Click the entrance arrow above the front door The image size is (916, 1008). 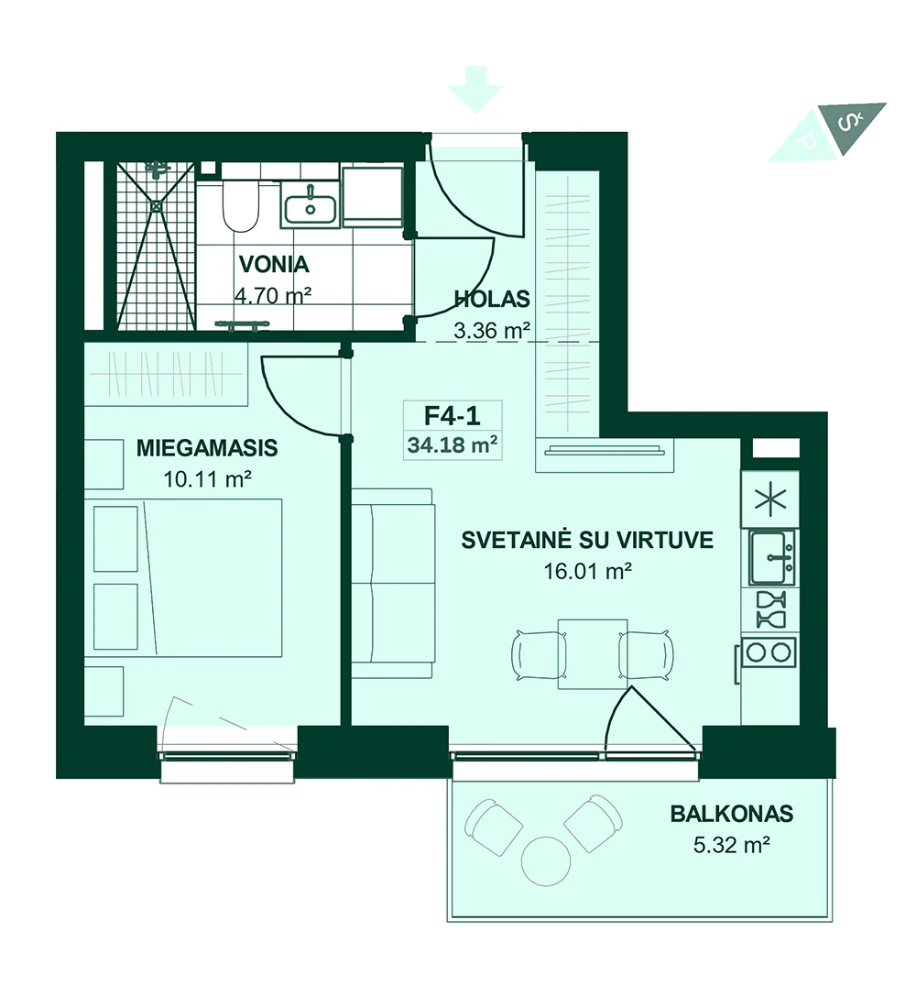[475, 90]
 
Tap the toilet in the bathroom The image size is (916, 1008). [240, 204]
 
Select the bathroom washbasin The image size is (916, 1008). [310, 204]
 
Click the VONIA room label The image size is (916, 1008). [274, 264]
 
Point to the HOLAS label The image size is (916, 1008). [492, 299]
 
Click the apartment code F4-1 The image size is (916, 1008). [453, 416]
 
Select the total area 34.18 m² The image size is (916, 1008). [453, 444]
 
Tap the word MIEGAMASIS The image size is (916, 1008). [207, 447]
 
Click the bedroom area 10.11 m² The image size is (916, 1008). [207, 479]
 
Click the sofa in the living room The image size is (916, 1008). [393, 583]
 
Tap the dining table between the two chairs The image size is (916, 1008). [593, 653]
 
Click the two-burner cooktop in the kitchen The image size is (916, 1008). [769, 652]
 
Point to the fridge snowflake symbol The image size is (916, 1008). [770, 500]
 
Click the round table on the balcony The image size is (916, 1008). [546, 861]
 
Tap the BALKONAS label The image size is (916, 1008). [732, 814]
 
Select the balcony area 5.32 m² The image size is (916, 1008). [732, 845]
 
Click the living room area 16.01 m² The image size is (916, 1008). [587, 571]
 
